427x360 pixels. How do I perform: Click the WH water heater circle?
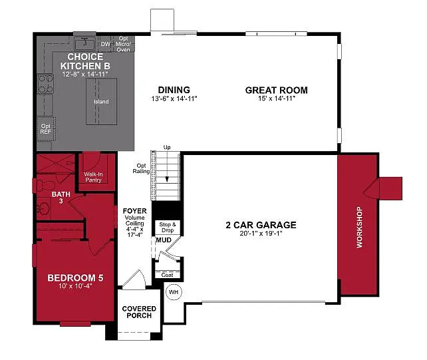[x=174, y=291]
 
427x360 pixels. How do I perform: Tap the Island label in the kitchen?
[x=101, y=102]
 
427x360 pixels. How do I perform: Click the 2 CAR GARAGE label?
[x=261, y=225]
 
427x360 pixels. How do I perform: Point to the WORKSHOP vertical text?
[x=360, y=228]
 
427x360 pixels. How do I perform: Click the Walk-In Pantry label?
[x=93, y=177]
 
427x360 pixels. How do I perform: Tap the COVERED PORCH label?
[x=139, y=312]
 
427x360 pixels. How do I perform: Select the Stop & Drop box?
[x=167, y=227]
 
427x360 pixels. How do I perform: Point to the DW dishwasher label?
[x=105, y=45]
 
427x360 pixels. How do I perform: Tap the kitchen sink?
[x=84, y=43]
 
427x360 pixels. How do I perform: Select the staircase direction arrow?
[x=168, y=178]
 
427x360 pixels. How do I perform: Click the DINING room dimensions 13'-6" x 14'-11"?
[x=174, y=98]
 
